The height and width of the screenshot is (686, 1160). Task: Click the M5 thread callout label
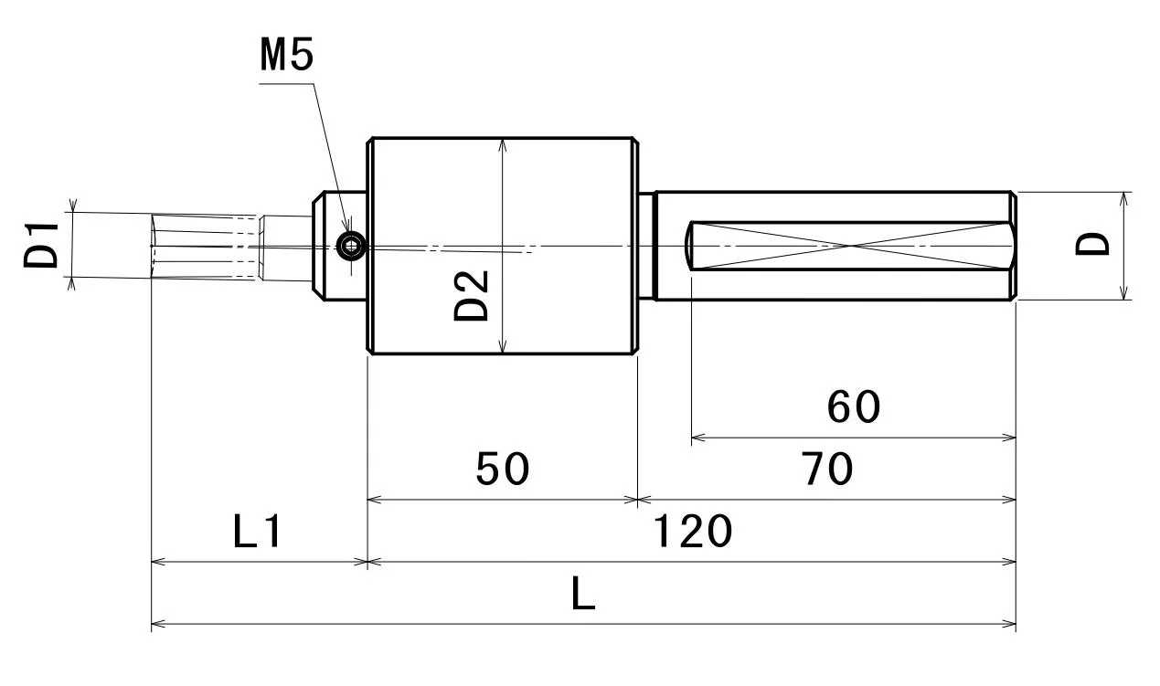(x=286, y=55)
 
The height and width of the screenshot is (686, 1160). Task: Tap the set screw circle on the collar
(x=351, y=246)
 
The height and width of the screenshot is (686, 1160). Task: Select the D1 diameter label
(x=41, y=245)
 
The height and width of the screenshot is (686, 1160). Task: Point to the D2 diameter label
(x=472, y=296)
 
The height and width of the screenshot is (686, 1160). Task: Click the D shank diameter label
(x=1092, y=244)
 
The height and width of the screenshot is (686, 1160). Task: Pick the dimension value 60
(x=854, y=407)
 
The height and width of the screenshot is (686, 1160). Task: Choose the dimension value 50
(x=503, y=469)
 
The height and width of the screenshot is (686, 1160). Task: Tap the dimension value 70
(x=827, y=469)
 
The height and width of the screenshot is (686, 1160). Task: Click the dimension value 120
(x=693, y=531)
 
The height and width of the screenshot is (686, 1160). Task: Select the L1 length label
(x=257, y=531)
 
